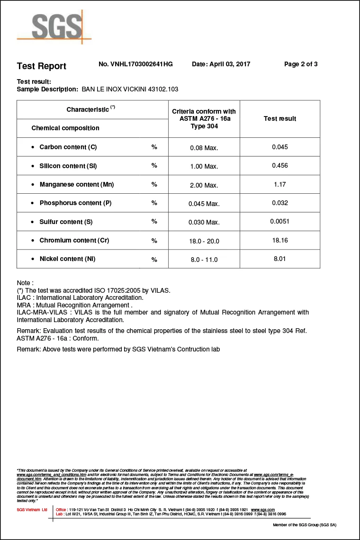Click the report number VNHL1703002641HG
pos(135,64)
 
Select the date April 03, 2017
pos(221,64)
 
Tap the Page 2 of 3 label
pos(301,64)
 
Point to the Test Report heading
pos(42,66)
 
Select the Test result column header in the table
pos(280,118)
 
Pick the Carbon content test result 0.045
pos(280,147)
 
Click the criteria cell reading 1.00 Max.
pos(204,166)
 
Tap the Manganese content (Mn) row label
pos(76,184)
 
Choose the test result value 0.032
pos(280,203)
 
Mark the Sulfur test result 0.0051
pos(280,221)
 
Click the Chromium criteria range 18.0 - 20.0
pos(204,241)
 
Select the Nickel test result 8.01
pos(280,259)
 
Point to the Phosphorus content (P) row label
pos(75,203)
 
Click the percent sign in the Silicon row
pos(154,166)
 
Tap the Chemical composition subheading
pos(65,128)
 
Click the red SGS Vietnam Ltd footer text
pos(32,510)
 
